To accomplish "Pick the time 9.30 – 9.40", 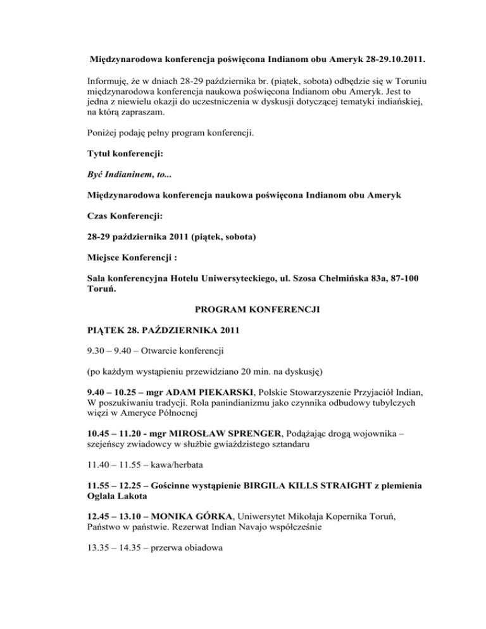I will (110, 349).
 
